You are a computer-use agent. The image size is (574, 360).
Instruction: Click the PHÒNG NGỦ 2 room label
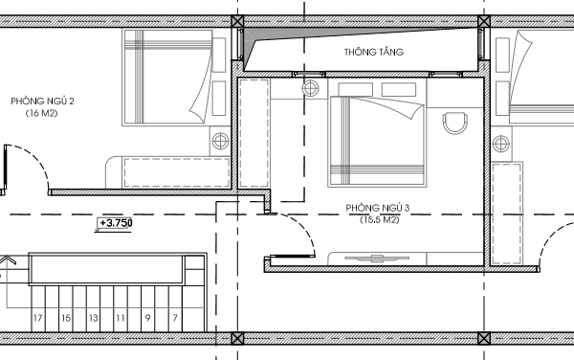(x=42, y=101)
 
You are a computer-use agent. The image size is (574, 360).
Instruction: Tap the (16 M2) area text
(x=42, y=113)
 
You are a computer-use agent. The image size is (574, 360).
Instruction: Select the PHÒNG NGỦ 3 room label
(x=378, y=208)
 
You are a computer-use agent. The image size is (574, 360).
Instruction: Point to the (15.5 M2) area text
(x=379, y=220)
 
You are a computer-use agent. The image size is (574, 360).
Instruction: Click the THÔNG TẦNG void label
(x=374, y=52)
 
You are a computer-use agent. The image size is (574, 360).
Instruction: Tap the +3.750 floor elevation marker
(x=115, y=223)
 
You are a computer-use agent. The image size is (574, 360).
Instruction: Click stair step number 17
(x=37, y=318)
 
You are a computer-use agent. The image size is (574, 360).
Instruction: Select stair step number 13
(x=94, y=318)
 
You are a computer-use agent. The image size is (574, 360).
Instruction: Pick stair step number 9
(x=147, y=318)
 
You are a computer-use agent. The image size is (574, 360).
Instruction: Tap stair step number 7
(x=175, y=318)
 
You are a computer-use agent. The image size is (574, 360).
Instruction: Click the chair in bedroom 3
(x=455, y=124)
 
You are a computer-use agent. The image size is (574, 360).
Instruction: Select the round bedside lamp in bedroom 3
(x=310, y=88)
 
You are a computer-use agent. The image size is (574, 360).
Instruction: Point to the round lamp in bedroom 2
(x=220, y=141)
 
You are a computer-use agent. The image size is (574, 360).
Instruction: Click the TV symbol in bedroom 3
(x=377, y=259)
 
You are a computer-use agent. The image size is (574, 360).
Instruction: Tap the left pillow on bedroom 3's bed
(x=356, y=89)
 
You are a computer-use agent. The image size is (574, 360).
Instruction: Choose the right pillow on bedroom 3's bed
(x=399, y=89)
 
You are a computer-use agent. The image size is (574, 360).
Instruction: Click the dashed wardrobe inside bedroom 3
(x=254, y=133)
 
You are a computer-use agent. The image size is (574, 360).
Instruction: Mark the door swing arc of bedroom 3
(x=303, y=227)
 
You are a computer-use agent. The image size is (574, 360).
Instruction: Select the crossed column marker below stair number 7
(x=237, y=338)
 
